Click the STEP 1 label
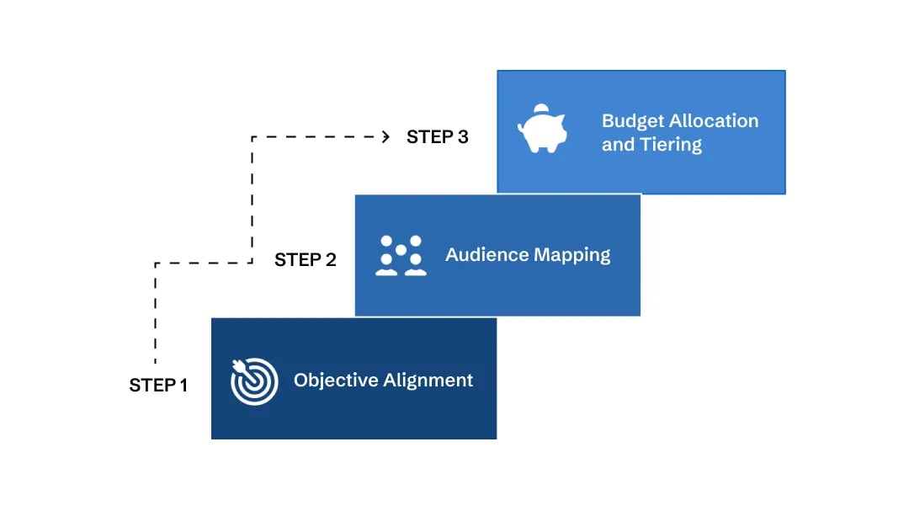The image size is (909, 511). (x=158, y=386)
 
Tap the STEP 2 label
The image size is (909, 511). (x=305, y=260)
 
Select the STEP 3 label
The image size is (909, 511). (x=437, y=136)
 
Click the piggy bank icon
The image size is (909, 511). (x=542, y=130)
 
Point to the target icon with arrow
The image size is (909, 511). (x=254, y=381)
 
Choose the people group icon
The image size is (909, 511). (x=401, y=255)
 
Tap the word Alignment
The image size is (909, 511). (x=428, y=381)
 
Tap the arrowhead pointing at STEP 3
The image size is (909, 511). (x=385, y=136)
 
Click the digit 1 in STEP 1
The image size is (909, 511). (x=183, y=386)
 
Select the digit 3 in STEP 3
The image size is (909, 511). (x=463, y=136)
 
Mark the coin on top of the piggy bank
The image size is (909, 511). (x=541, y=107)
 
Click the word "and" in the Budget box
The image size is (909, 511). (x=618, y=145)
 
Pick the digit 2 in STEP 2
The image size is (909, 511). (x=330, y=260)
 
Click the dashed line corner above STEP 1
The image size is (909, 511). (x=155, y=263)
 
